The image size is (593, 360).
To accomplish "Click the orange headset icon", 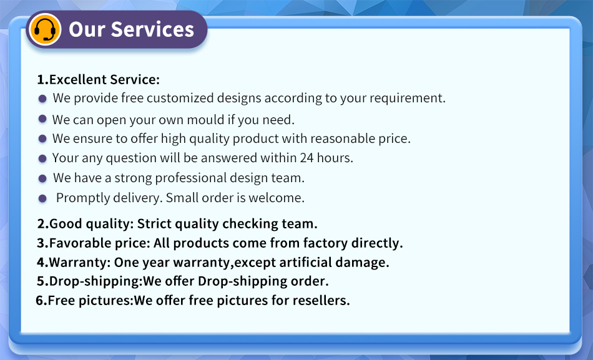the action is click(45, 29).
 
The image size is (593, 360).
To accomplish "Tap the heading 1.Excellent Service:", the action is click(99, 79).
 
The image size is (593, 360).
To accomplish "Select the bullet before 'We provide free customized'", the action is click(42, 99).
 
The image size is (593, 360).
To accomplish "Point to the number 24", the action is click(306, 158).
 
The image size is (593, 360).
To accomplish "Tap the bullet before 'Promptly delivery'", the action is click(42, 198).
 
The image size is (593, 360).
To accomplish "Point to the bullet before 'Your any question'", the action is click(42, 158).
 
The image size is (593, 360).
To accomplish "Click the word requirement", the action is click(408, 98).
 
